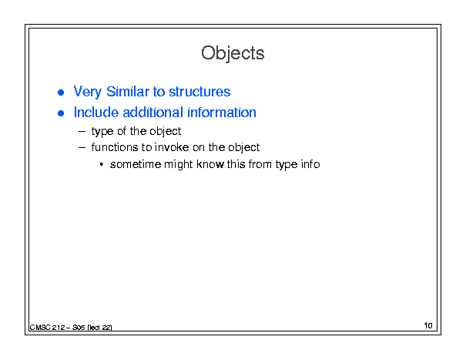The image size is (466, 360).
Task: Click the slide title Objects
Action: pyautogui.click(x=233, y=53)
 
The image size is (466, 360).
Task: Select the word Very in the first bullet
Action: pyautogui.click(x=87, y=92)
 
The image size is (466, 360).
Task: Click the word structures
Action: pyautogui.click(x=199, y=92)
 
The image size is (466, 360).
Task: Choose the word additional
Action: pyautogui.click(x=153, y=113)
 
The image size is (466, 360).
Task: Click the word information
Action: pyautogui.click(x=222, y=113)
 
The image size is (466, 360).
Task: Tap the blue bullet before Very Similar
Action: pyautogui.click(x=61, y=93)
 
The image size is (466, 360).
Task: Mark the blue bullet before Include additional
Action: pyautogui.click(x=61, y=113)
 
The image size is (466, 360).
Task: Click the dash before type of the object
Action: pyautogui.click(x=82, y=132)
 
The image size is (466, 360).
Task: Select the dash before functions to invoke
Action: pyautogui.click(x=82, y=147)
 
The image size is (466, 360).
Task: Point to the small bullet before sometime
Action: pyautogui.click(x=102, y=164)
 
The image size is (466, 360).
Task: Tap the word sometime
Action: pyautogui.click(x=136, y=164)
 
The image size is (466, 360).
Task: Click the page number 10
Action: pyautogui.click(x=428, y=325)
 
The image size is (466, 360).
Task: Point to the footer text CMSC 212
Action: pyautogui.click(x=47, y=328)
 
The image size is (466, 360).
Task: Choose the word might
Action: pyautogui.click(x=179, y=164)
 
